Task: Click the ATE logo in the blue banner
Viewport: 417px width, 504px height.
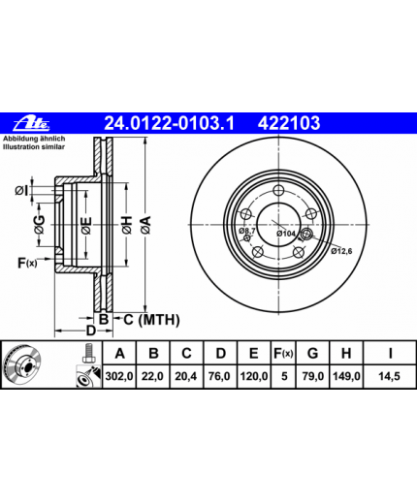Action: (31, 123)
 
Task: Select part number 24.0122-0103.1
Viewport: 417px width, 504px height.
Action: (169, 123)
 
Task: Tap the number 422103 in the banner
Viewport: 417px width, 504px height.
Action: (289, 123)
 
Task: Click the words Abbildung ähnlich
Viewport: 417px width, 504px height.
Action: (34, 139)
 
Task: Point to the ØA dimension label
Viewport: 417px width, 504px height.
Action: (145, 225)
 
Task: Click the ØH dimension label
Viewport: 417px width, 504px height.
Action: (127, 225)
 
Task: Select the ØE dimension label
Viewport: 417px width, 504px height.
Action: (86, 225)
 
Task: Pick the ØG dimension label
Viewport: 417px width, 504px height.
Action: (40, 225)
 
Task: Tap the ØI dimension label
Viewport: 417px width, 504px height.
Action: (21, 191)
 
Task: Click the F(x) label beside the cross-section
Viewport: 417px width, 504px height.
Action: (27, 264)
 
